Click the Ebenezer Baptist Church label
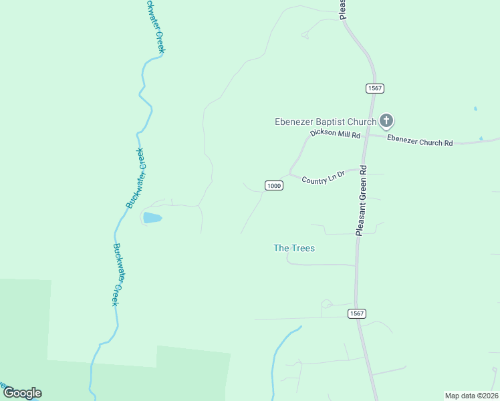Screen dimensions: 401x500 326,122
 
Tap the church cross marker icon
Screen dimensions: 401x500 386,121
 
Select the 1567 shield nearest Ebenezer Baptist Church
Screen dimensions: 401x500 375,88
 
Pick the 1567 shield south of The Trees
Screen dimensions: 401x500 357,313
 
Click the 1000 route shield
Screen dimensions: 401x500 274,185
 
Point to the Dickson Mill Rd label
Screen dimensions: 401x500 335,134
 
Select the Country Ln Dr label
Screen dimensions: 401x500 323,178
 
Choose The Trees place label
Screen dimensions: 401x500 294,248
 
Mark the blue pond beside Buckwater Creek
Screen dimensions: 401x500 152,218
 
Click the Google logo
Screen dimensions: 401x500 22,393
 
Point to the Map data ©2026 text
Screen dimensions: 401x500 471,396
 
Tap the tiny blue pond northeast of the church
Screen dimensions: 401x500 475,108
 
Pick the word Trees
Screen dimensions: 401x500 302,248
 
